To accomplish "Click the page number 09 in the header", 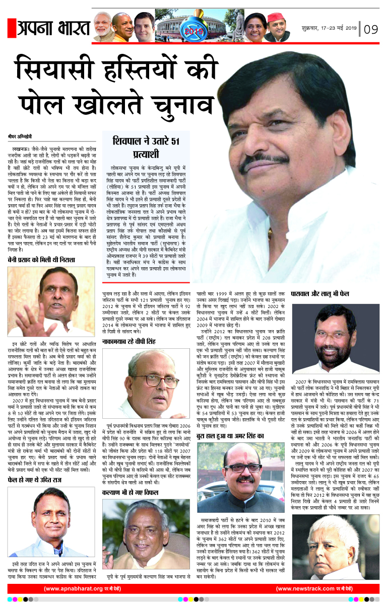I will (x=371, y=28).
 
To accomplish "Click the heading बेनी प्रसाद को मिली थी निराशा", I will (x=41, y=260).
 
